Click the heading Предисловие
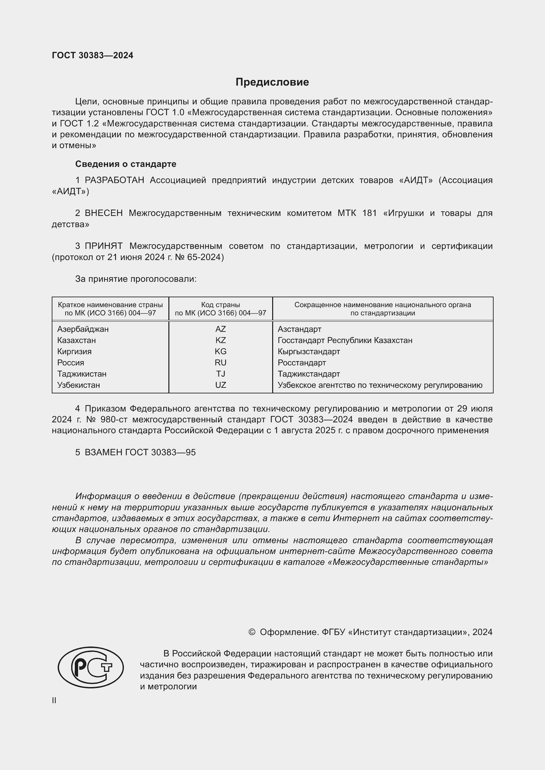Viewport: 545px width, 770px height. (x=272, y=82)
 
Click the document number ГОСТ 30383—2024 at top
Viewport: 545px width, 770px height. (x=93, y=56)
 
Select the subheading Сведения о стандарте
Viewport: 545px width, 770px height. (x=126, y=164)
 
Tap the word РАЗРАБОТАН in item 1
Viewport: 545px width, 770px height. (x=114, y=180)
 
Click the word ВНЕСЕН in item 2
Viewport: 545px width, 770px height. (x=103, y=213)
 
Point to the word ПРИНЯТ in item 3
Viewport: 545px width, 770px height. (x=103, y=246)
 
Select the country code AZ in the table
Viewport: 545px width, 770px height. (x=220, y=329)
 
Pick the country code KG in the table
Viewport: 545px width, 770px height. (x=220, y=352)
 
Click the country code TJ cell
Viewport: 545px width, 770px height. (x=220, y=374)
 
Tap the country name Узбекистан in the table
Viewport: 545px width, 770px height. (x=78, y=385)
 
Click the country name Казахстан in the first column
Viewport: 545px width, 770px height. (x=76, y=340)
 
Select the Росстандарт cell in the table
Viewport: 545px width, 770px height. (x=302, y=363)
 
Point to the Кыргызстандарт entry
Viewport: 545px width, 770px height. (x=309, y=352)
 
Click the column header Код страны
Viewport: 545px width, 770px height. (x=220, y=305)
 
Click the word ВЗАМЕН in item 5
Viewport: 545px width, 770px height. (x=104, y=452)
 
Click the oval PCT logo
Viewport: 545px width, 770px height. (x=91, y=667)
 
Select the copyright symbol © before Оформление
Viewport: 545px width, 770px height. (x=252, y=632)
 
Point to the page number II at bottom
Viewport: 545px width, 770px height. (x=54, y=700)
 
